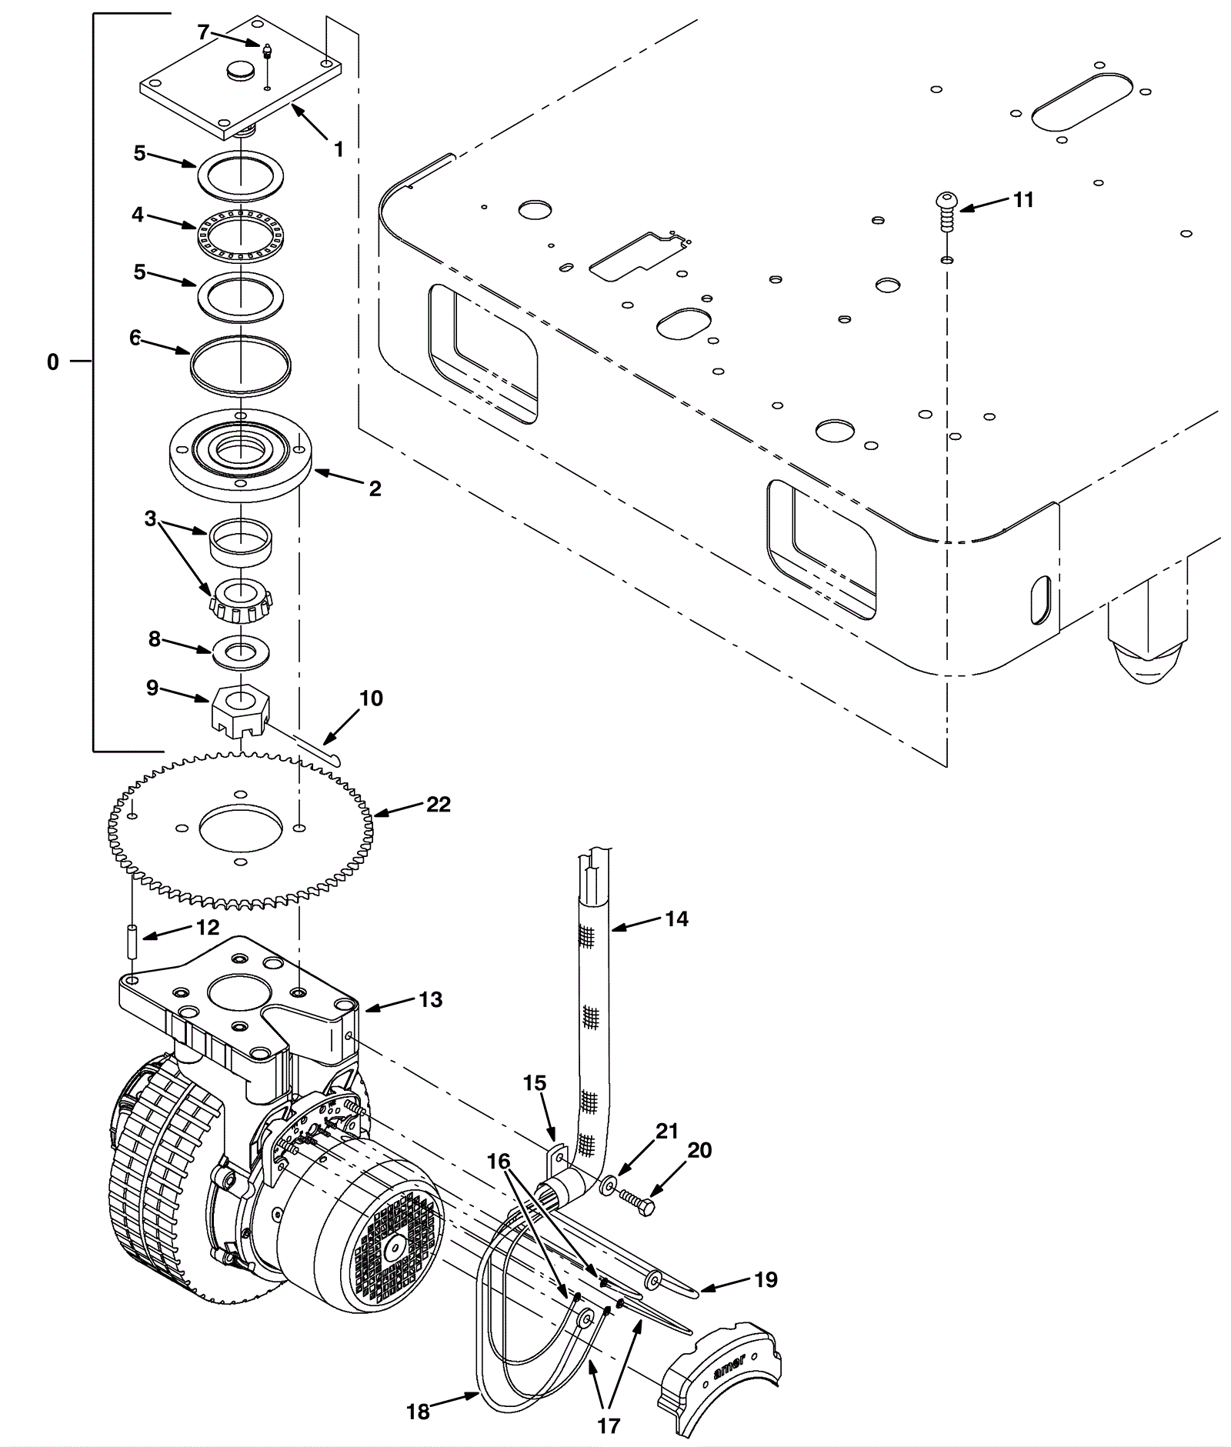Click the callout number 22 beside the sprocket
[x=438, y=805]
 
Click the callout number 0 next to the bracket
[x=52, y=362]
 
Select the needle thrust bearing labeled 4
[x=242, y=232]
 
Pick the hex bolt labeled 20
[x=636, y=1201]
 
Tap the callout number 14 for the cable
[x=676, y=919]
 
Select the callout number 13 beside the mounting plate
[x=431, y=999]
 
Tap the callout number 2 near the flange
[x=375, y=488]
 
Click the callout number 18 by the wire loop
[x=418, y=1412]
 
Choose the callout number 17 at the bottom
[x=608, y=1425]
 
